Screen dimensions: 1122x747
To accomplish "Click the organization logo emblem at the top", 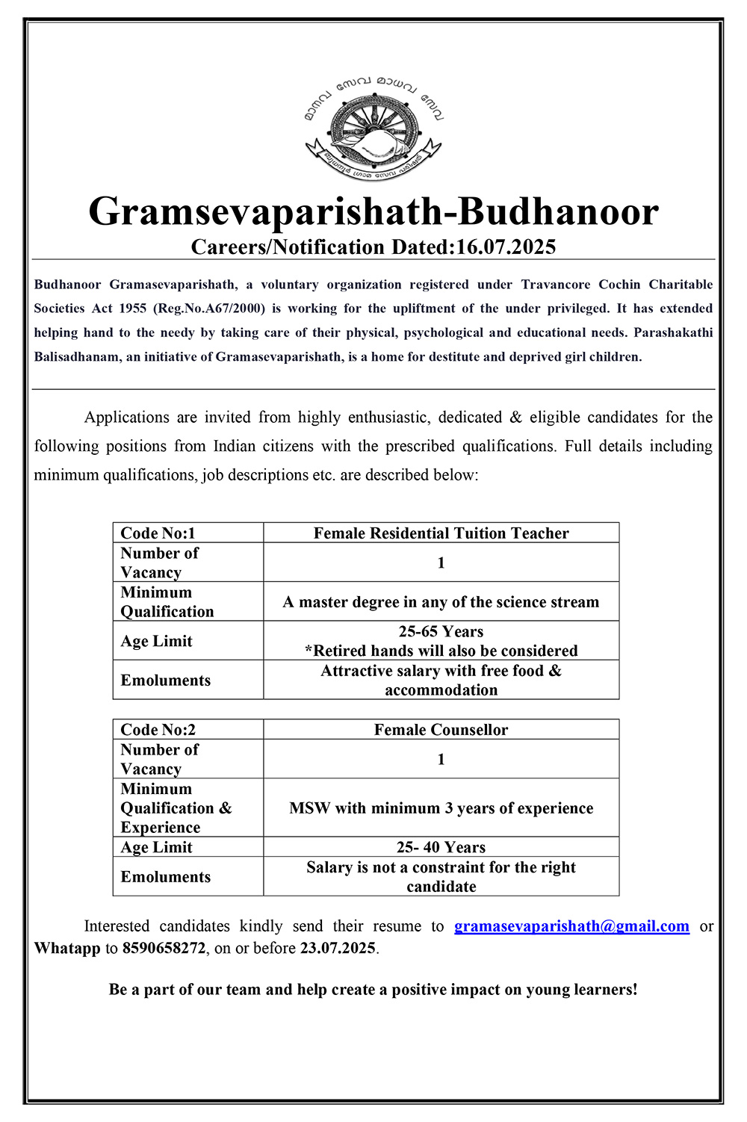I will (x=373, y=127).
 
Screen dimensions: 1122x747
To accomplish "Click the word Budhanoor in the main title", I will (x=558, y=211).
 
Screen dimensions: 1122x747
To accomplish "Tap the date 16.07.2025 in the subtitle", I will (x=506, y=247).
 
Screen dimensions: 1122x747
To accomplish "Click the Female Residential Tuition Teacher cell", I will (x=441, y=533).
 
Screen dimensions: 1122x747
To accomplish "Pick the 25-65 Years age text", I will (x=441, y=632).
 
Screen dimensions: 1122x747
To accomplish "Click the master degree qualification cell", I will (x=441, y=602).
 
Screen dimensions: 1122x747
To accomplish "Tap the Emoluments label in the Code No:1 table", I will (x=166, y=681).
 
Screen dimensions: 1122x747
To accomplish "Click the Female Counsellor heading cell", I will (x=441, y=730).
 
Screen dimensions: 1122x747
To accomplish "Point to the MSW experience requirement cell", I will (x=441, y=808).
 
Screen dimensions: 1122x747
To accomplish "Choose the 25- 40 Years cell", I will (x=441, y=847).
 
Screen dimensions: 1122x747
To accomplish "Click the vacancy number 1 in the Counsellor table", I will (x=441, y=760).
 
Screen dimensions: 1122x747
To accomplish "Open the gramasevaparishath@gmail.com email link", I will (x=571, y=926).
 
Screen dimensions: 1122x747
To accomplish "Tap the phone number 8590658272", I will (x=164, y=949).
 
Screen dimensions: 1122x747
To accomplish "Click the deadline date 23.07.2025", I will (x=338, y=949).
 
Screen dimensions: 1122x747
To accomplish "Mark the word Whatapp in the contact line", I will (x=67, y=949).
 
